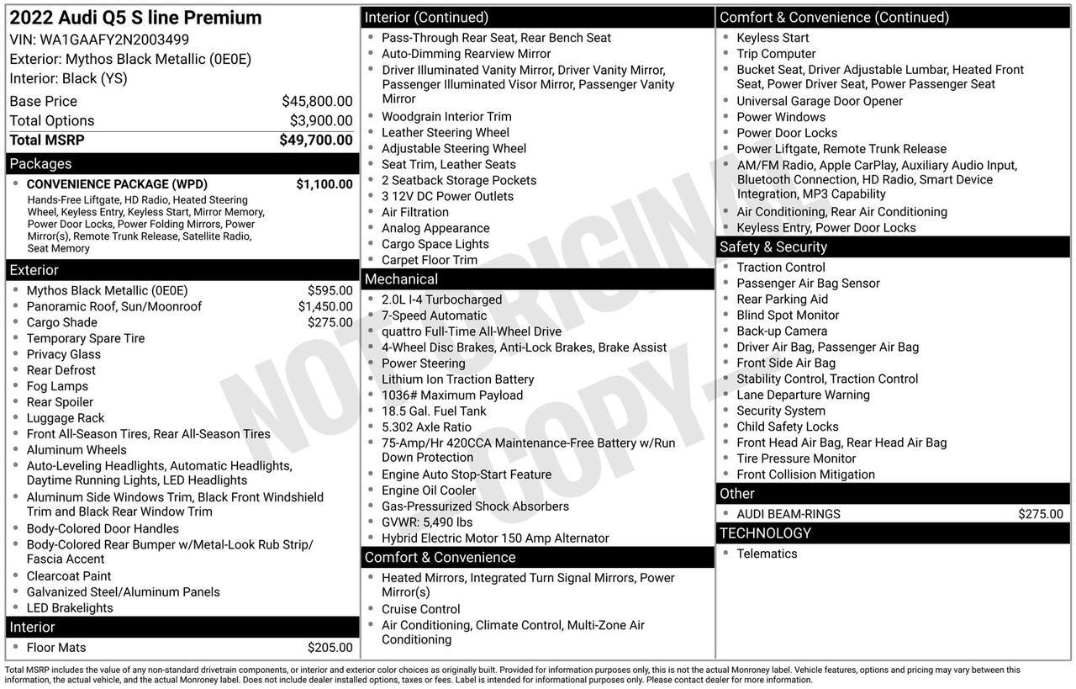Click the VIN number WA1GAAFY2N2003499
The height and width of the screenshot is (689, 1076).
[114, 40]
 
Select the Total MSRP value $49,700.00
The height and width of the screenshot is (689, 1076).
[316, 140]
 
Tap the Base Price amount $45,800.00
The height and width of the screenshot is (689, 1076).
[317, 101]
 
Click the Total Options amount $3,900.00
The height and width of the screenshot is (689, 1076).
[321, 121]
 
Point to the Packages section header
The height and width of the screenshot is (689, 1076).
[40, 164]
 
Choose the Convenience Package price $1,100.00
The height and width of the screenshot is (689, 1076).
[324, 184]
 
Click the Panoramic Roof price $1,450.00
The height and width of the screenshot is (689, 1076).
[325, 306]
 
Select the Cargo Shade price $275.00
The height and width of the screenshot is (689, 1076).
[330, 322]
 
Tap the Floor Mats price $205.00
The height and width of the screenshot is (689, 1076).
[330, 648]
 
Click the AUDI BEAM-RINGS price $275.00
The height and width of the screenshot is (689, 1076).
[1040, 514]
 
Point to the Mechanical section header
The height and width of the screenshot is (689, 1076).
[401, 279]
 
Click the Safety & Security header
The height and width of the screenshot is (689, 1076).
[773, 247]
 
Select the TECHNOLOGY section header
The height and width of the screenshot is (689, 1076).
[765, 533]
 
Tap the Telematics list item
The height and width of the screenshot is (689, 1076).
[767, 554]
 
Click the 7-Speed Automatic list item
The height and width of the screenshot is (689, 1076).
[434, 315]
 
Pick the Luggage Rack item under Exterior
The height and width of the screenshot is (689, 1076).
[66, 418]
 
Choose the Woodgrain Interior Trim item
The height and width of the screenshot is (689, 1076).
[446, 117]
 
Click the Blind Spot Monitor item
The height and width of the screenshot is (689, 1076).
[788, 315]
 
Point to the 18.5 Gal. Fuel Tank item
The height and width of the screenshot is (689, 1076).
[434, 411]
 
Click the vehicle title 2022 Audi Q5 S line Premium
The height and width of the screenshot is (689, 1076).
[135, 18]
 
